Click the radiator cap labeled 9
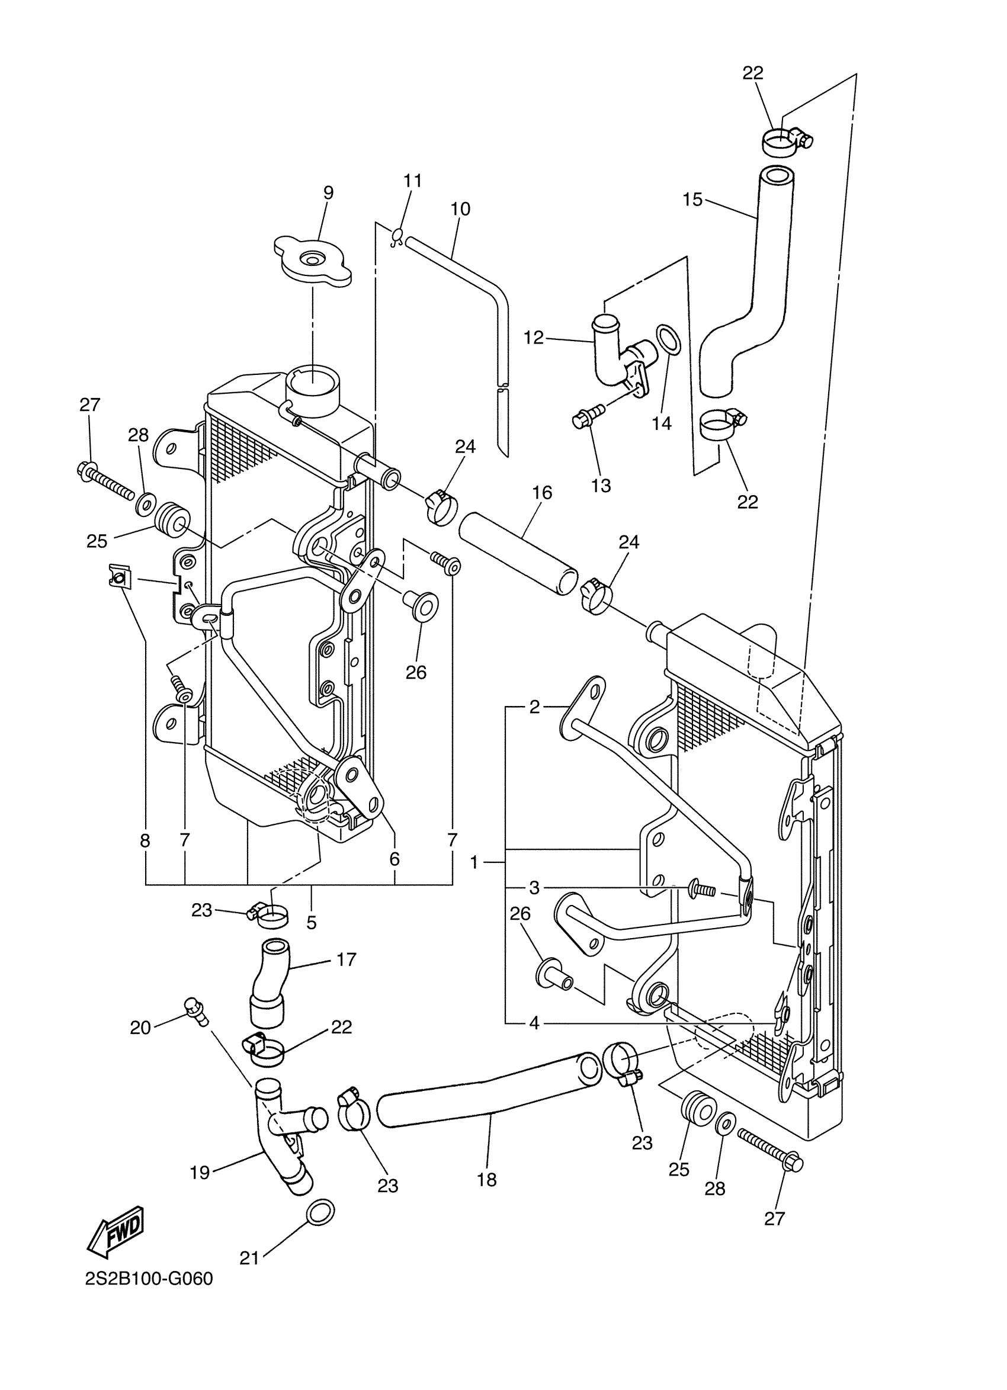(x=313, y=264)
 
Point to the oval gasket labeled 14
(x=668, y=340)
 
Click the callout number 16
(x=542, y=493)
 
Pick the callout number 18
(x=487, y=1179)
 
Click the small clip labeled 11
(x=396, y=236)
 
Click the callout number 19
(x=200, y=1172)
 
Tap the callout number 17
(x=347, y=959)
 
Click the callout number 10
(x=460, y=209)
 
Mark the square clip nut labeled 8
(x=118, y=577)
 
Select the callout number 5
(x=312, y=922)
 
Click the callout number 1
(x=473, y=862)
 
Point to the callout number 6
(x=394, y=859)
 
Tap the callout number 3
(x=534, y=887)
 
